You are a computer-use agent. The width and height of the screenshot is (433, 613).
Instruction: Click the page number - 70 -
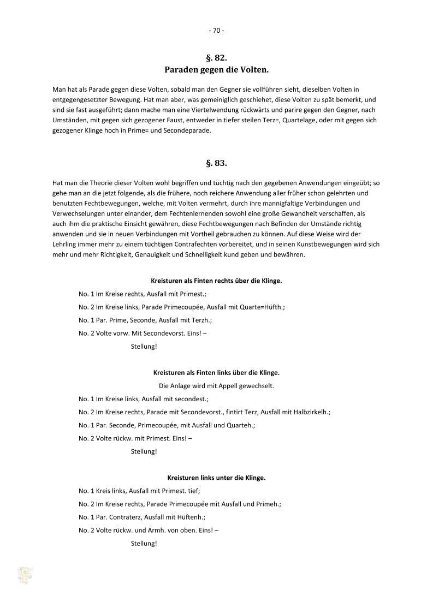pyautogui.click(x=216, y=31)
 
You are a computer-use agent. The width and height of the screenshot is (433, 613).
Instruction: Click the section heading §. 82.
pyautogui.click(x=216, y=57)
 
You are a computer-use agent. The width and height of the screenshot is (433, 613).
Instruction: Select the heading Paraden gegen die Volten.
pyautogui.click(x=216, y=69)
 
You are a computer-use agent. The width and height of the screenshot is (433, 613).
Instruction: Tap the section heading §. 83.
pyautogui.click(x=216, y=163)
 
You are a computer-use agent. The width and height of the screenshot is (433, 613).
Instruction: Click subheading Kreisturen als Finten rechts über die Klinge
pyautogui.click(x=216, y=281)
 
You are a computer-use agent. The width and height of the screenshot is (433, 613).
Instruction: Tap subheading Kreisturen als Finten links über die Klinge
pyautogui.click(x=216, y=372)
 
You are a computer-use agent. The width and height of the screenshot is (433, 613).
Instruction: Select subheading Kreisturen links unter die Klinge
pyautogui.click(x=216, y=478)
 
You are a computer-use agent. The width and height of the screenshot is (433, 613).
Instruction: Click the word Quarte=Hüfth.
pyautogui.click(x=262, y=307)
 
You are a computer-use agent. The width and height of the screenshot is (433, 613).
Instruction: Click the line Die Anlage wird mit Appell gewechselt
pyautogui.click(x=216, y=386)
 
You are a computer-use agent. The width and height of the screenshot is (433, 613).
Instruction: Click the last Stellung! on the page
pyautogui.click(x=144, y=543)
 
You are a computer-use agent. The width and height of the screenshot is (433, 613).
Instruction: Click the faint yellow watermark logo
pyautogui.click(x=25, y=575)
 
